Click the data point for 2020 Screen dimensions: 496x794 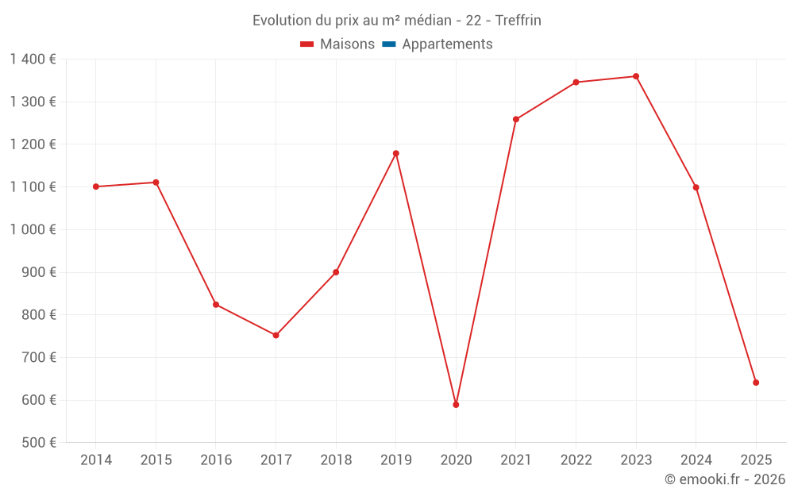[456, 405]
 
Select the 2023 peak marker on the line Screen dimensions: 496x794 [636, 76]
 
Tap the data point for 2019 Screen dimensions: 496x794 [396, 153]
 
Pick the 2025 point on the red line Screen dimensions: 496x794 [756, 383]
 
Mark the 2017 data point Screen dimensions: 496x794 [276, 335]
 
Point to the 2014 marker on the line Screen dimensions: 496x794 [96, 186]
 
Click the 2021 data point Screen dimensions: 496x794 [516, 119]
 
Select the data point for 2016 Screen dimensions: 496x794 [216, 305]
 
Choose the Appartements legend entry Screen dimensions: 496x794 [447, 44]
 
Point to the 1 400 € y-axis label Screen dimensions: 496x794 [33, 59]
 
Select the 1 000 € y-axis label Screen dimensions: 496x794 [33, 229]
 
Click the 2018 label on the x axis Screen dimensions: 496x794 [336, 460]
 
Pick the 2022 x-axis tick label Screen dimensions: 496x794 [576, 460]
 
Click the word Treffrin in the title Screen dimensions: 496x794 [518, 21]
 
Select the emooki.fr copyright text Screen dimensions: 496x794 [725, 479]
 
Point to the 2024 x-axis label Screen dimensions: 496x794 [696, 460]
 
